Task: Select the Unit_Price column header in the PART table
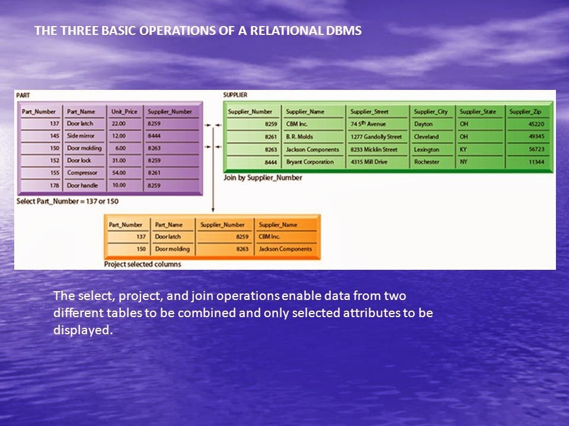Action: [124, 112]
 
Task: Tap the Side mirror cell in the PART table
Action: [81, 136]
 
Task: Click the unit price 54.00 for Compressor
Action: [119, 173]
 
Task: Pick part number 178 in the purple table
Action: [55, 185]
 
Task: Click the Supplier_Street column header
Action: [369, 112]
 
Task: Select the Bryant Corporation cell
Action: [310, 162]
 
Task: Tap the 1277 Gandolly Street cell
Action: [376, 137]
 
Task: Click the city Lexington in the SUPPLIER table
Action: [427, 150]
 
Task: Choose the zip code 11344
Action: [536, 162]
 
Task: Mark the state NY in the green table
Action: [463, 162]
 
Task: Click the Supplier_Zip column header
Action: [525, 112]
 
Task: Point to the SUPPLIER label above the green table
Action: [235, 95]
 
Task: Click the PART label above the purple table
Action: [23, 95]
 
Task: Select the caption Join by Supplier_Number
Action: [263, 178]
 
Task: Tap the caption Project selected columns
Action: [143, 264]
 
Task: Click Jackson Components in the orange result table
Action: [285, 249]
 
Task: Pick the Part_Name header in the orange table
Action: [169, 225]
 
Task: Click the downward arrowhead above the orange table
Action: [213, 209]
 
